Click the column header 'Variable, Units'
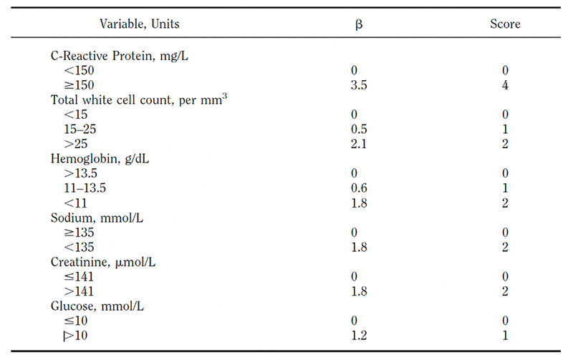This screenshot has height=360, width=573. coord(140,24)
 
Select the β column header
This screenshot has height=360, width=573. coord(360,24)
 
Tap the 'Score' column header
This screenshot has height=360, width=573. coord(505,24)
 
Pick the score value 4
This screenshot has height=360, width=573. coord(505,85)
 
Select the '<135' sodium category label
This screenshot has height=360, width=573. coord(79,247)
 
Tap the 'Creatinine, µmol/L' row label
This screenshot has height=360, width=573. coord(103,262)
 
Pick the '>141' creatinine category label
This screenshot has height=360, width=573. coord(79,291)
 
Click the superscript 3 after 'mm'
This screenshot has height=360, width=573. coord(225,95)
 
